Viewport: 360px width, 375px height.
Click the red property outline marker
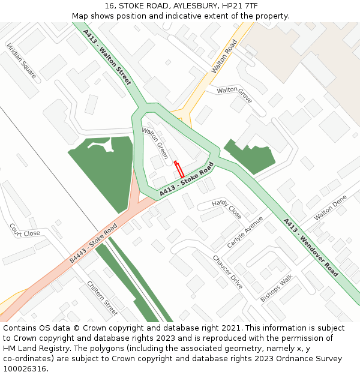pyautogui.click(x=179, y=169)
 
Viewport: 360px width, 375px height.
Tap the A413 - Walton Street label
pyautogui.click(x=107, y=57)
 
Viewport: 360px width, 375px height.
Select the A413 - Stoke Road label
pyautogui.click(x=187, y=179)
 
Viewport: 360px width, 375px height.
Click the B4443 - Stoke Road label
pyautogui.click(x=93, y=244)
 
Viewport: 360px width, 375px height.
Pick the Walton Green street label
pyautogui.click(x=155, y=142)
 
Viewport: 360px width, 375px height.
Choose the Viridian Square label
pyautogui.click(x=21, y=61)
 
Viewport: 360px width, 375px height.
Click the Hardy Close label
pyautogui.click(x=227, y=209)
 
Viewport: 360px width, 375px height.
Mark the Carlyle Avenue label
pyautogui.click(x=245, y=232)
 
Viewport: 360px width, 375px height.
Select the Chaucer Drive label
pyautogui.click(x=227, y=271)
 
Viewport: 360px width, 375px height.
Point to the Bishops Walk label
pyautogui.click(x=276, y=288)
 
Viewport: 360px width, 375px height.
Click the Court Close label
pyautogui.click(x=25, y=230)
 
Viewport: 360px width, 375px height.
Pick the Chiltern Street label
pyautogui.click(x=102, y=298)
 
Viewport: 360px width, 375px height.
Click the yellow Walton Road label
pyautogui.click(x=224, y=56)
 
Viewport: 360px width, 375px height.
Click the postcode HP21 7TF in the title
pyautogui.click(x=239, y=6)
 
